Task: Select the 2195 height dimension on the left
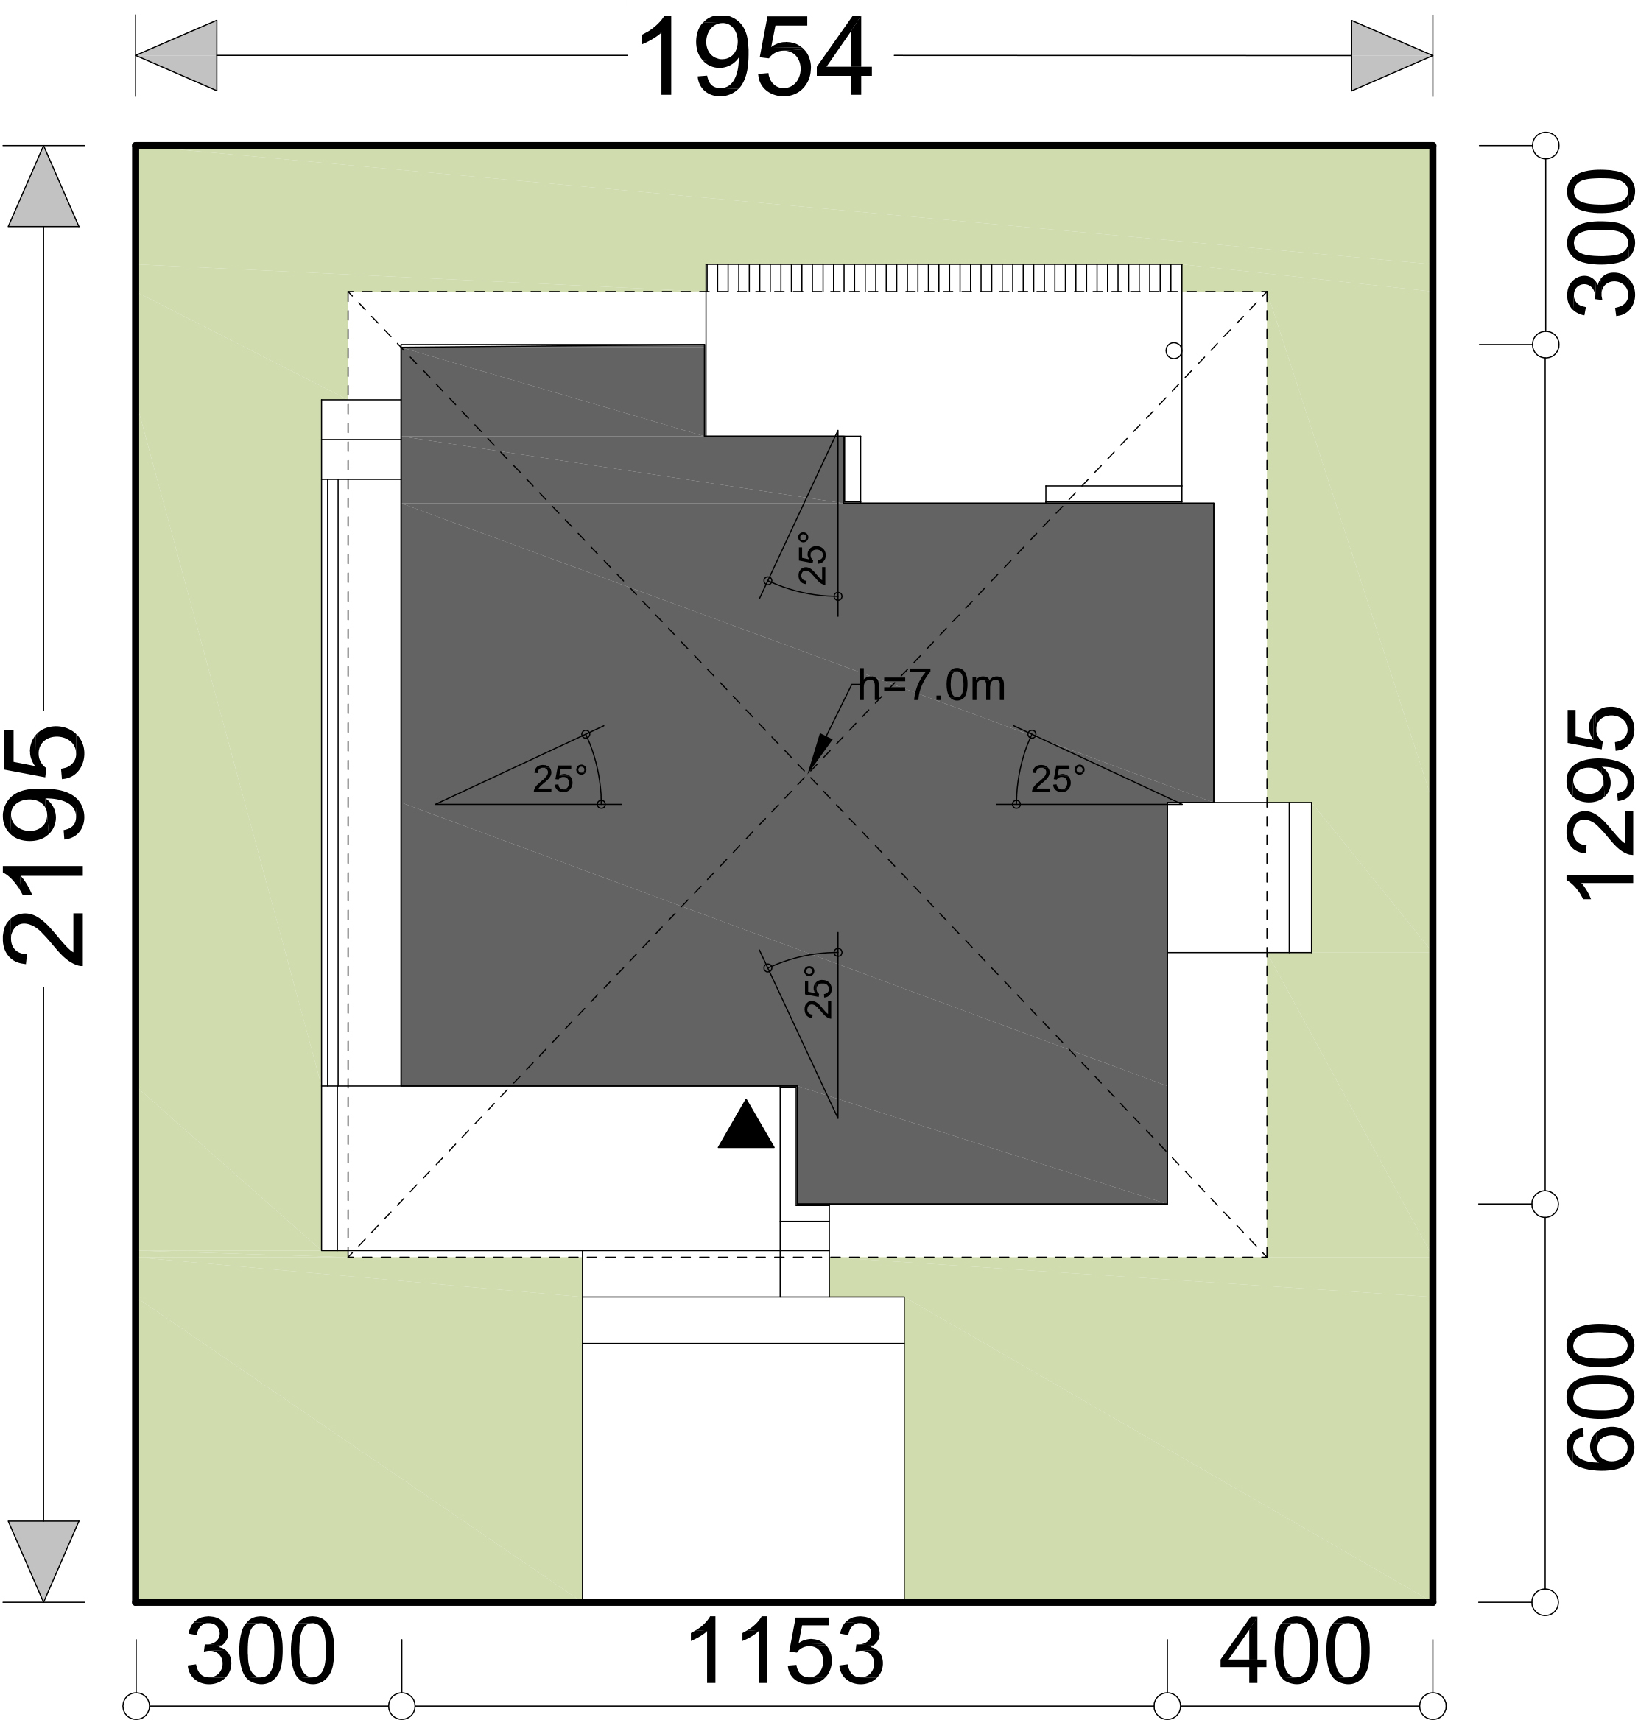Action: (x=46, y=845)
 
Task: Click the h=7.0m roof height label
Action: (x=932, y=685)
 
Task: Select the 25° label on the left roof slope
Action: (x=560, y=779)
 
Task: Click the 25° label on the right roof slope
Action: (x=1058, y=779)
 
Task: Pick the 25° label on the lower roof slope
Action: (x=819, y=992)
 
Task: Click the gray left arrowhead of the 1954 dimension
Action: (x=176, y=56)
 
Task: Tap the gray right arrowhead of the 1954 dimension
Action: (x=1392, y=56)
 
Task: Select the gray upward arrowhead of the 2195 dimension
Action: (x=43, y=187)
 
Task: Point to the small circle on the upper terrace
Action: (x=1174, y=350)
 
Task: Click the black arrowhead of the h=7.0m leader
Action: (x=820, y=752)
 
